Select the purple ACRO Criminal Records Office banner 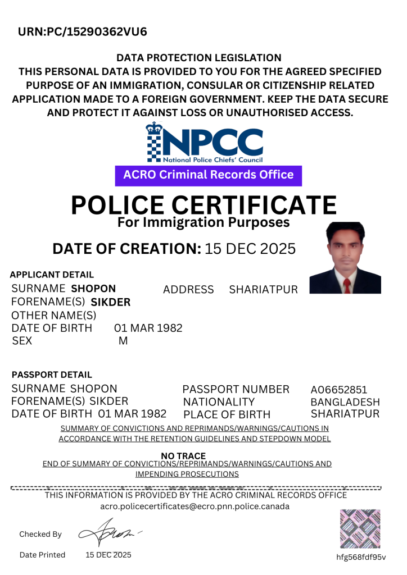click(x=208, y=175)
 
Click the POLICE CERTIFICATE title click(x=203, y=205)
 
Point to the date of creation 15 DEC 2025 click(x=250, y=249)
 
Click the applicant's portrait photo click(x=345, y=258)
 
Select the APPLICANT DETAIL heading click(x=52, y=275)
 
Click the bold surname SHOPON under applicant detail click(x=93, y=289)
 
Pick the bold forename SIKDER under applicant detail click(x=110, y=302)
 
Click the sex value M click(x=123, y=341)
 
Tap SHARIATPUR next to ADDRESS click(x=263, y=290)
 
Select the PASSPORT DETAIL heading click(x=52, y=375)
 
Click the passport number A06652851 click(x=338, y=390)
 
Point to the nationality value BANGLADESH click(x=345, y=403)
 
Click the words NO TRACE click(x=183, y=456)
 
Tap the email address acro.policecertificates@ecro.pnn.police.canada click(x=195, y=506)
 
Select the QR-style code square click(x=360, y=528)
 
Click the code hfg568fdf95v click(x=360, y=557)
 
